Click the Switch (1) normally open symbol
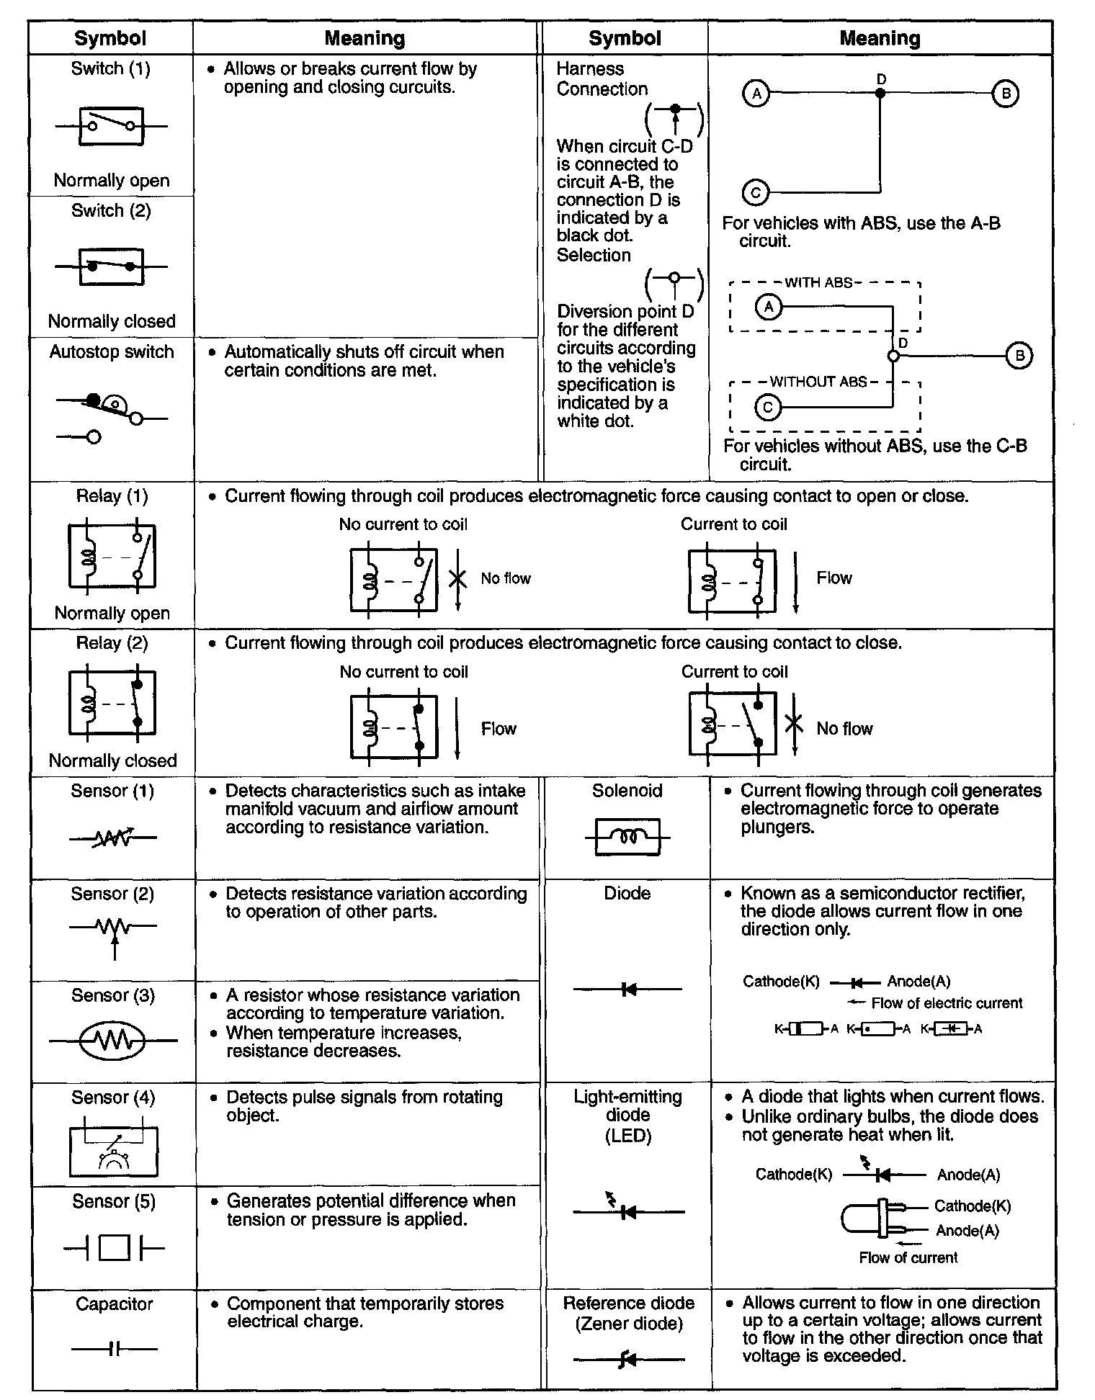111,127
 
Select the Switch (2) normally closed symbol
111,266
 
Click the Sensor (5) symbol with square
114,1248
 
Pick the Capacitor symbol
114,1348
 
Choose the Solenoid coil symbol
627,838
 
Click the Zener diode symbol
628,1360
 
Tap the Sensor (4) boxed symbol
113,1147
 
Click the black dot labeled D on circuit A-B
880,93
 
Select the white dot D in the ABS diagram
893,356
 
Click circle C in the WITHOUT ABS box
768,408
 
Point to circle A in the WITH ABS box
769,308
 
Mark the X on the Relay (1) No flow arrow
457,578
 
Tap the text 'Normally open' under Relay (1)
112,614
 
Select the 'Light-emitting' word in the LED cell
627,1097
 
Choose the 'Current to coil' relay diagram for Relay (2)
732,724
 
